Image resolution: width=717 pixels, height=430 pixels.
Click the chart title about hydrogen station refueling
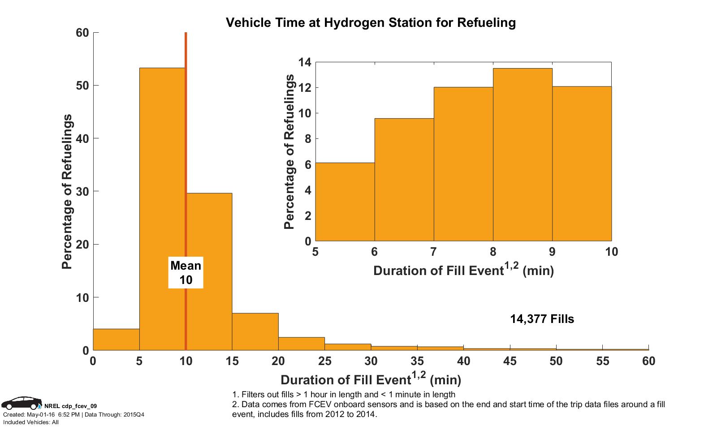(371, 22)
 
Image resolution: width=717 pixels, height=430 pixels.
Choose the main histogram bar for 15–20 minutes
(255, 331)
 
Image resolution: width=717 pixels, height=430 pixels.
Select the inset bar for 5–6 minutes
(345, 202)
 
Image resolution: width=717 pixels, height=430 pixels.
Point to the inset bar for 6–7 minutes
(404, 179)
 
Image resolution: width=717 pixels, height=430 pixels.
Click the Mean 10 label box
(186, 272)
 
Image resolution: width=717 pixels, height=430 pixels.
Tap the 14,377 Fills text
(542, 319)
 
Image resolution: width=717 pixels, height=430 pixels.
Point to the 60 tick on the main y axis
(82, 33)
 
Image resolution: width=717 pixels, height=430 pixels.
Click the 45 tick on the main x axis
(510, 361)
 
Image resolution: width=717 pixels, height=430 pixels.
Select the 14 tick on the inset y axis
(305, 62)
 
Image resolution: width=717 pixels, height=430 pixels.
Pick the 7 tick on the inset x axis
(433, 252)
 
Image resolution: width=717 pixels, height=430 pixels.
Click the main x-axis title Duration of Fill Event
(371, 380)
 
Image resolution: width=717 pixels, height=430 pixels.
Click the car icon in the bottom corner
(21, 403)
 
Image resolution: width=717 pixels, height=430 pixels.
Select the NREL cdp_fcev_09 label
(71, 406)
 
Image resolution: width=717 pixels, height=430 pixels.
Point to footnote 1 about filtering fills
(344, 395)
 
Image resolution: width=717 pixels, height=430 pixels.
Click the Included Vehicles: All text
(30, 422)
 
